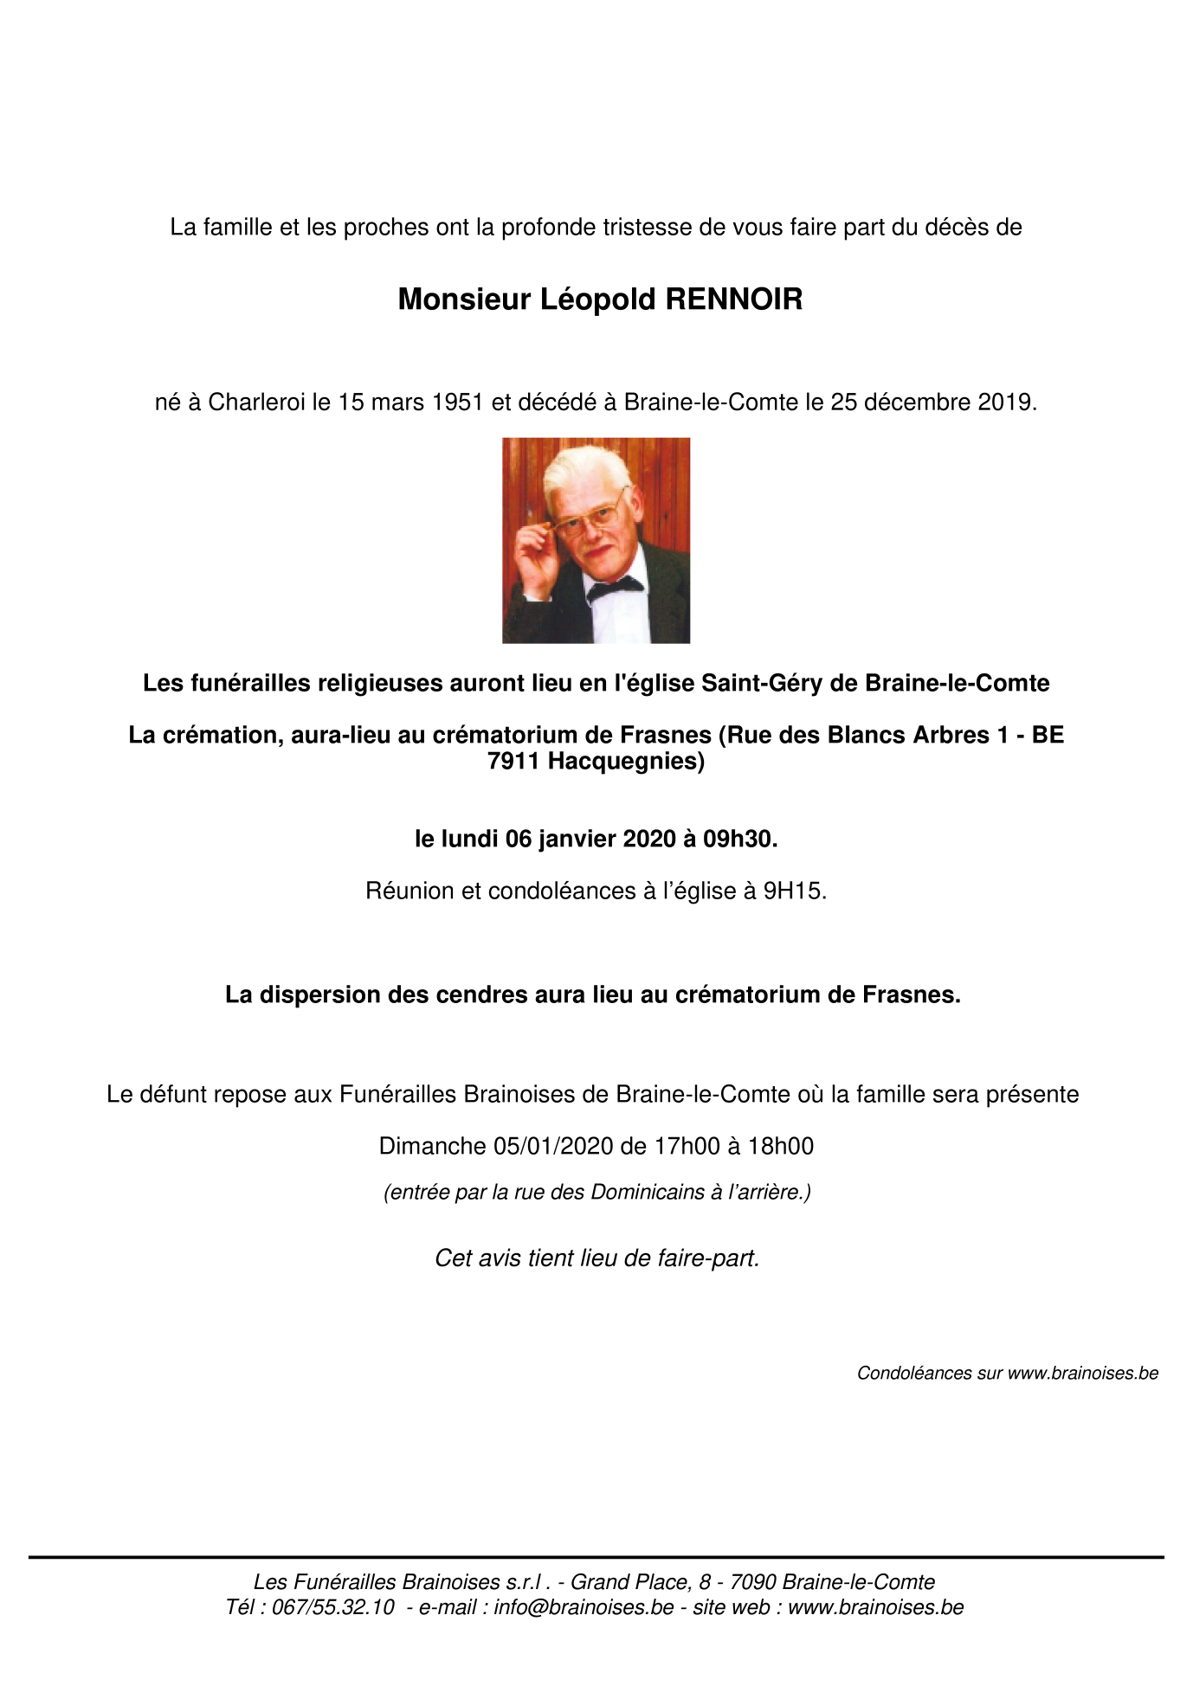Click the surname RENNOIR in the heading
(x=733, y=299)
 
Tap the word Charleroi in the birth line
(x=257, y=402)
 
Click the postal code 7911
(x=514, y=762)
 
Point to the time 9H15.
(x=794, y=891)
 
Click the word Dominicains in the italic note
(x=648, y=1193)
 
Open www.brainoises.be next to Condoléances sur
(x=1082, y=1374)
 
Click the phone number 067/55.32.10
(x=333, y=1607)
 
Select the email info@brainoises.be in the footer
(x=584, y=1607)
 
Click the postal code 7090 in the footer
(x=752, y=1582)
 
